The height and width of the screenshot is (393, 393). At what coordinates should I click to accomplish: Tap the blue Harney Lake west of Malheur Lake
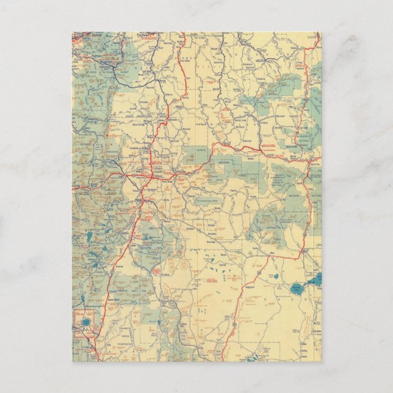coord(296,288)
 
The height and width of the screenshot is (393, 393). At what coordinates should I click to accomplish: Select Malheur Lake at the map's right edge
coord(315,280)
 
